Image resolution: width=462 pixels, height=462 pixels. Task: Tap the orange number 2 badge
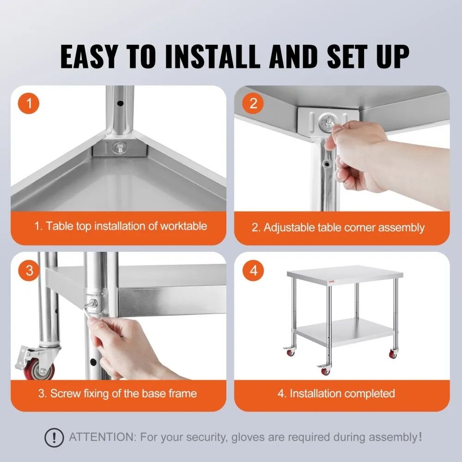(253, 103)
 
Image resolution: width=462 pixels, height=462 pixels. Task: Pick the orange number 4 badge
(253, 271)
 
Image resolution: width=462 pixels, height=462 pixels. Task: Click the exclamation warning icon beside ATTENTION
(55, 437)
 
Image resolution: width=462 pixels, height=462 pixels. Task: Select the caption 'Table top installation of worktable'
(121, 226)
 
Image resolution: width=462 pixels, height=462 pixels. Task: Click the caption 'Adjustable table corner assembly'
(338, 227)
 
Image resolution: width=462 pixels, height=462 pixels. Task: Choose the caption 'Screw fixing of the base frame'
(117, 393)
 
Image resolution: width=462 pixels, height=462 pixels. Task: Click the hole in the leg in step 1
(121, 103)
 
